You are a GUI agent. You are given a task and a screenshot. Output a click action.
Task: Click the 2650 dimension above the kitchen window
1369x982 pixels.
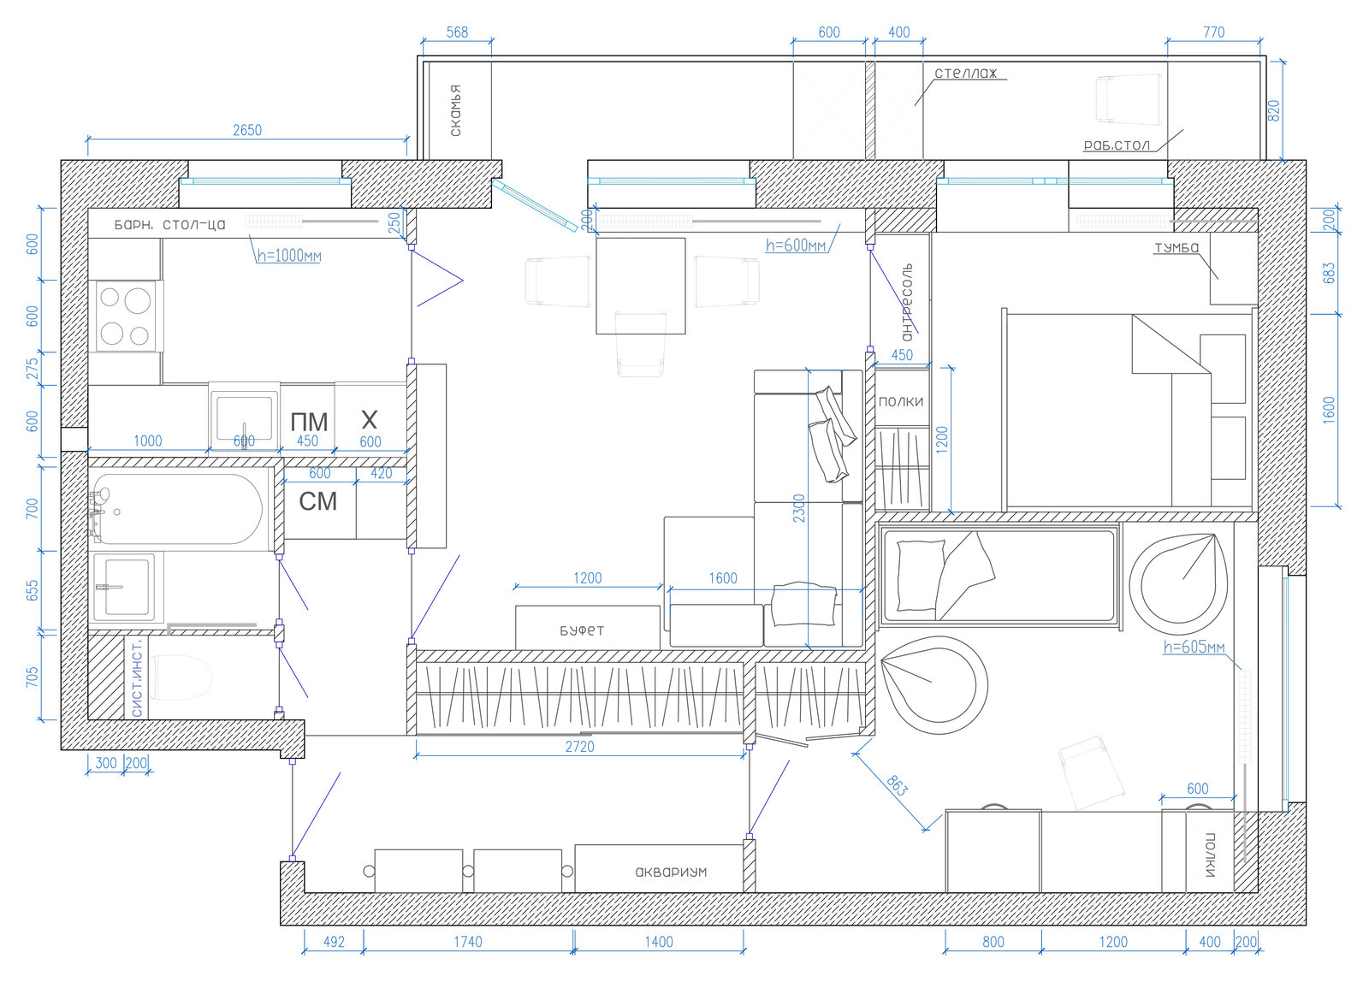coord(247,130)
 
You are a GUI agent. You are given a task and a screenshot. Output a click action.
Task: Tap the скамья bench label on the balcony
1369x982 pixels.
coord(455,110)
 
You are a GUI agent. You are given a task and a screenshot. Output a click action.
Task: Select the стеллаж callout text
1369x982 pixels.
coord(966,74)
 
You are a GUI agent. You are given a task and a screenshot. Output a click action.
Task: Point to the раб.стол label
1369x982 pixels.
coord(1117,145)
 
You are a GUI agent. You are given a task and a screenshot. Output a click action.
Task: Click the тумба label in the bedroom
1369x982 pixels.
coord(1176,247)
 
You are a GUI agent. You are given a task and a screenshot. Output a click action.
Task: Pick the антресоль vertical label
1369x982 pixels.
coord(906,302)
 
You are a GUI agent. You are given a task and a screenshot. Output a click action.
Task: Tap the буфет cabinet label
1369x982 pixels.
coord(582,630)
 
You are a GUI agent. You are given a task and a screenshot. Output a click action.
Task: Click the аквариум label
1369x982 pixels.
coord(671,872)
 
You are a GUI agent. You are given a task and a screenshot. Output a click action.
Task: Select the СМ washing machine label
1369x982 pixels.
coord(317,502)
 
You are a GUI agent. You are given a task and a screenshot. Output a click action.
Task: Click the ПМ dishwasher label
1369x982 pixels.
coord(309,422)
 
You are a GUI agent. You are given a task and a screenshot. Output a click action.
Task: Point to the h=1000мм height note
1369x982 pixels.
coord(289,256)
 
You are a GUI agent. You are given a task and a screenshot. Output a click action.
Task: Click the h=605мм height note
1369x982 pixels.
coord(1194,647)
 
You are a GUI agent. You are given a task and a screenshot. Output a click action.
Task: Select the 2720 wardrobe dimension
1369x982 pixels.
coord(579,746)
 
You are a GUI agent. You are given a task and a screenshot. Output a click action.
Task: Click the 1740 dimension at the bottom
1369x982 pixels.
coord(467,942)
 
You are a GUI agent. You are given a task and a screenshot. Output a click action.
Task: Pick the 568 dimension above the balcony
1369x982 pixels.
coord(457,33)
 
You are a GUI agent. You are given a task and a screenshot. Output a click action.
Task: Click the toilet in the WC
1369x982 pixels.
coord(181,677)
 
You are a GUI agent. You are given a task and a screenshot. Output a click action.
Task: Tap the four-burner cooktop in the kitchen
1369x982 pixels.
coord(125,316)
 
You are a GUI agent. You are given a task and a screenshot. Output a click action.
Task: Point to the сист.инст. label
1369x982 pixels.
coord(136,679)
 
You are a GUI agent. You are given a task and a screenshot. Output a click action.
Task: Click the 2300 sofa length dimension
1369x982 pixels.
coord(799,508)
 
